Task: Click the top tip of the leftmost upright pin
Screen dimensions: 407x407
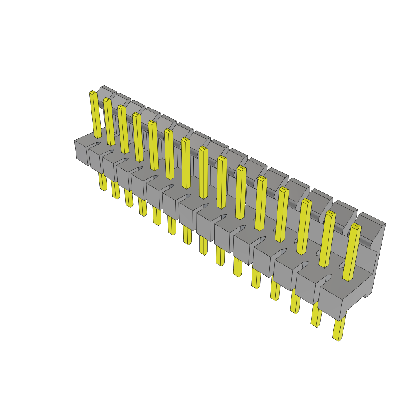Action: click(93, 93)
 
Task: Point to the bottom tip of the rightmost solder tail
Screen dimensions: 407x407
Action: click(338, 339)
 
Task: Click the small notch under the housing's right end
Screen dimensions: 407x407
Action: click(365, 295)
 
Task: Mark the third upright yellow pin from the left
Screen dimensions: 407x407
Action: click(124, 129)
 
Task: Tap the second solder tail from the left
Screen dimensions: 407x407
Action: click(115, 190)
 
